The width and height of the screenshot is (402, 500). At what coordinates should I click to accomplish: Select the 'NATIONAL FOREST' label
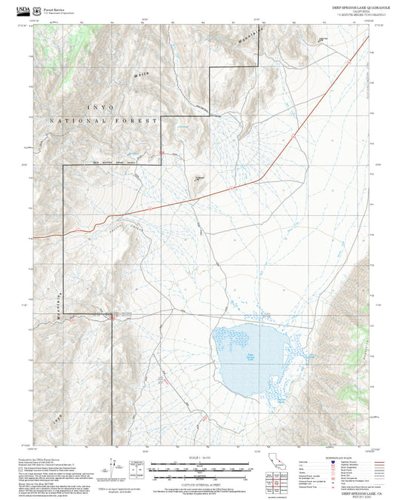[x=104, y=121]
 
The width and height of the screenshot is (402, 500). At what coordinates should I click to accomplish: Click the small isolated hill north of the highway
[x=200, y=180]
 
